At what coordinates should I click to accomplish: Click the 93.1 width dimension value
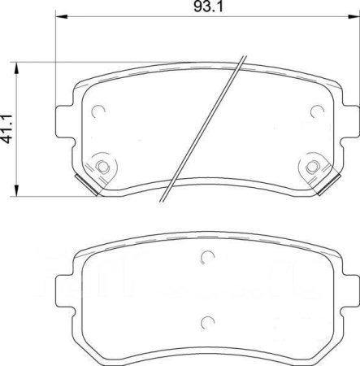(x=208, y=7)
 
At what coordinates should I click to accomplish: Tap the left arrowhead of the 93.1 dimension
(x=61, y=17)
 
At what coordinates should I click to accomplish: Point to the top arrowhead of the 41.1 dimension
(x=17, y=68)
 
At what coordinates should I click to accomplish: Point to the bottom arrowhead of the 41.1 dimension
(x=17, y=190)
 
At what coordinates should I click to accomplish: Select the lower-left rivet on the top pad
(x=102, y=167)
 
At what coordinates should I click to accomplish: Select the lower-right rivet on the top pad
(x=312, y=167)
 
